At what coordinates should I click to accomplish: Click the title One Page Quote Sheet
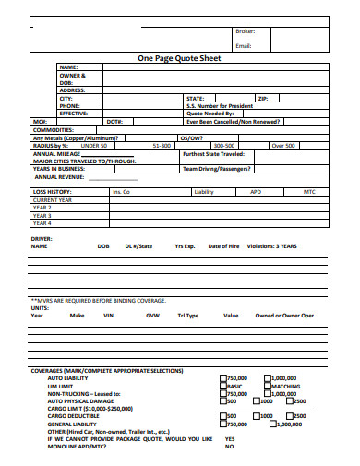(179, 57)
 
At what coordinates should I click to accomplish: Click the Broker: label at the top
(245, 31)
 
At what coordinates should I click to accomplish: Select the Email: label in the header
(244, 45)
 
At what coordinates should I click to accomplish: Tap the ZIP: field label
(262, 98)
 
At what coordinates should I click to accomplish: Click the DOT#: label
(115, 122)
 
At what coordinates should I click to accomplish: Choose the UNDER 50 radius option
(94, 146)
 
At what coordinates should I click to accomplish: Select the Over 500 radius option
(282, 146)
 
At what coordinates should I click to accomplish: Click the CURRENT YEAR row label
(52, 199)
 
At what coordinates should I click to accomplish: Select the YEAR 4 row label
(42, 222)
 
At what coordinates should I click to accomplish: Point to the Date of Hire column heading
(224, 247)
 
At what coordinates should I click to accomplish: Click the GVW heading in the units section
(152, 316)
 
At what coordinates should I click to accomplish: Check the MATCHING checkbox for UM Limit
(268, 386)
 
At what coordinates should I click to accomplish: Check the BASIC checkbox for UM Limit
(222, 386)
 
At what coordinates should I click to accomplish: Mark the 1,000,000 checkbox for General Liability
(268, 424)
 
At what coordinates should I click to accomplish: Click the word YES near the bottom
(229, 438)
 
